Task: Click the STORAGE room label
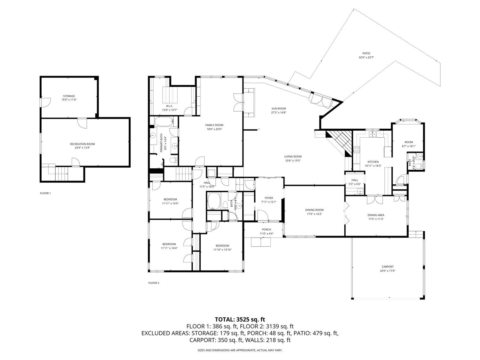coord(69,96)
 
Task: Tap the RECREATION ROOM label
coord(82,144)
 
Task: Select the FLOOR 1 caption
coord(45,193)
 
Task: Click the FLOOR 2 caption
coord(154,283)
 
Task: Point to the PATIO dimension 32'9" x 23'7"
coord(366,58)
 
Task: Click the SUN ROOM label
coord(278,108)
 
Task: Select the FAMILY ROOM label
coord(214,125)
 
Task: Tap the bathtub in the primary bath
coord(164,122)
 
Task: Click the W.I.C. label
coord(170,106)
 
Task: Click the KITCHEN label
coord(373,162)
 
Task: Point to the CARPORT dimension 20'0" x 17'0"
coord(388,271)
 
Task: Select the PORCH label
coord(267,229)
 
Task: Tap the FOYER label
coord(269,198)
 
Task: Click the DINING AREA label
coord(376,215)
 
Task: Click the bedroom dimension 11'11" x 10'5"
coord(170,204)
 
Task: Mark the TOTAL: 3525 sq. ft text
coord(240,319)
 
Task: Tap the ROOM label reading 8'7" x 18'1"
coord(409,142)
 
